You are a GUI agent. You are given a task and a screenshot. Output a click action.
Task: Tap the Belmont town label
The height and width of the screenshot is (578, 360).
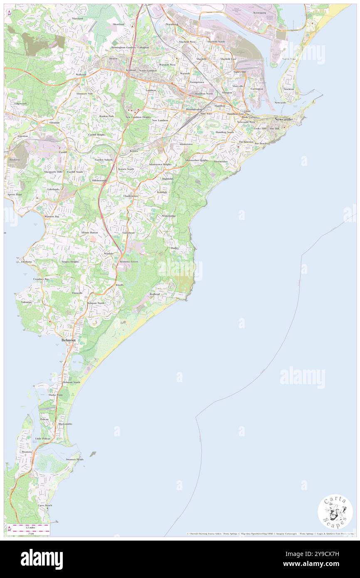tap(69, 340)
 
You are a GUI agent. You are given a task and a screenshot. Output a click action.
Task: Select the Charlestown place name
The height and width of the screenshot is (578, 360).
tap(131, 196)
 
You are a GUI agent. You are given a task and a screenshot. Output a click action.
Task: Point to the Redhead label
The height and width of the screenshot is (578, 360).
tap(155, 294)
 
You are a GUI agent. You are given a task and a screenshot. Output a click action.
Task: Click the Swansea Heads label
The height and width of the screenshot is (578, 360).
tap(74, 459)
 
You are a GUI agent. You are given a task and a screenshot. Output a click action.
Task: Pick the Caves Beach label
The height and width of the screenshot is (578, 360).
tap(44, 505)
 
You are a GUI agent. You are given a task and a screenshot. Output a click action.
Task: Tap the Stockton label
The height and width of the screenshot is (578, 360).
tap(288, 89)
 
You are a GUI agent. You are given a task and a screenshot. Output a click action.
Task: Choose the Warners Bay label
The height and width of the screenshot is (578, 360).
tap(52, 217)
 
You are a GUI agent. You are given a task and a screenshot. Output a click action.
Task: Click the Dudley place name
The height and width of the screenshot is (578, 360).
tap(175, 248)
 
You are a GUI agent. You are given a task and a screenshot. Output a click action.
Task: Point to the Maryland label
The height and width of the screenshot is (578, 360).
tap(77, 19)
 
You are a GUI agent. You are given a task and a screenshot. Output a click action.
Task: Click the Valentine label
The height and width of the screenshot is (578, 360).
tap(24, 302)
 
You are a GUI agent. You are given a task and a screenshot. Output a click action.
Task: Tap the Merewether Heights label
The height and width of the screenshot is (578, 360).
tap(197, 160)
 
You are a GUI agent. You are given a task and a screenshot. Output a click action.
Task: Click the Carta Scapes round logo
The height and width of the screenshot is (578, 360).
tap(335, 512)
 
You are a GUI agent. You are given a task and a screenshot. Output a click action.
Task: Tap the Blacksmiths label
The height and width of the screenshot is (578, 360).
tap(65, 424)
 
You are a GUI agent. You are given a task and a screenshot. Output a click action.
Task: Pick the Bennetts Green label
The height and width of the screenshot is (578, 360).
tap(128, 262)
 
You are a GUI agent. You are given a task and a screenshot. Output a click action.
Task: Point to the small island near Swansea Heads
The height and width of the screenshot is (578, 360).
tap(92, 454)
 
